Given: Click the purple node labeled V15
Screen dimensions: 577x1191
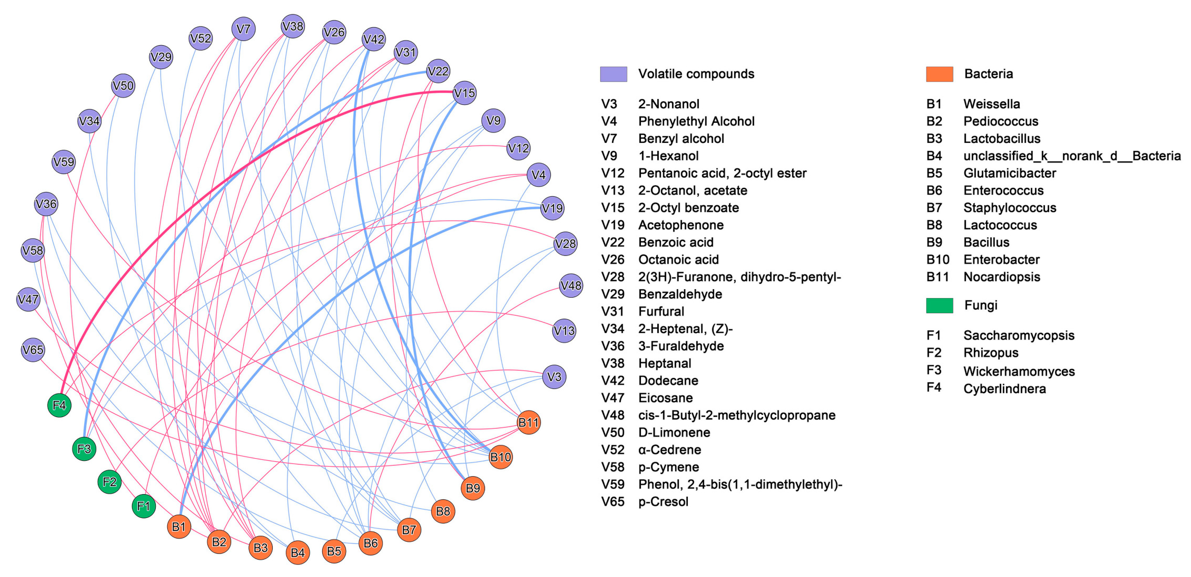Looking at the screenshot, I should coord(464,93).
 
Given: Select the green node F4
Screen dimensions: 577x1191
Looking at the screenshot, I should coord(59,405).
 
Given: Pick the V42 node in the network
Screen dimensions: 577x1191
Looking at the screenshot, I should coord(373,39).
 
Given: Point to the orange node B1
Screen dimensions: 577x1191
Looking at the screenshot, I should coord(179,527).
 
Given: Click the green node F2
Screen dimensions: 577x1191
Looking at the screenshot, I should coord(110,482).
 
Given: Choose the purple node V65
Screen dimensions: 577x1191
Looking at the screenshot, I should coord(33,350).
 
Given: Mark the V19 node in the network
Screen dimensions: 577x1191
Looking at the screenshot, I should coord(552,208).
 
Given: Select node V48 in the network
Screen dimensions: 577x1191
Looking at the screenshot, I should coord(571,285).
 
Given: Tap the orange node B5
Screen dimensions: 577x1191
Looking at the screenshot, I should coord(334,551).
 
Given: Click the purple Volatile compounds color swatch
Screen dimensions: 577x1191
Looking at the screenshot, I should coord(613,74).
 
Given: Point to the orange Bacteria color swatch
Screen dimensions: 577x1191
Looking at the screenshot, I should coord(939,74).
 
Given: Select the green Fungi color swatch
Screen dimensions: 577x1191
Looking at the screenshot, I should coord(939,305).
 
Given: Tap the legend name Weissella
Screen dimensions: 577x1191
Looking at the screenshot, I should coord(991,104).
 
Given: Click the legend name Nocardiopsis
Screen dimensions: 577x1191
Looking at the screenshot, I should coord(1001,277).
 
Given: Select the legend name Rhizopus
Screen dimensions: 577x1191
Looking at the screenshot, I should coord(991,353).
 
